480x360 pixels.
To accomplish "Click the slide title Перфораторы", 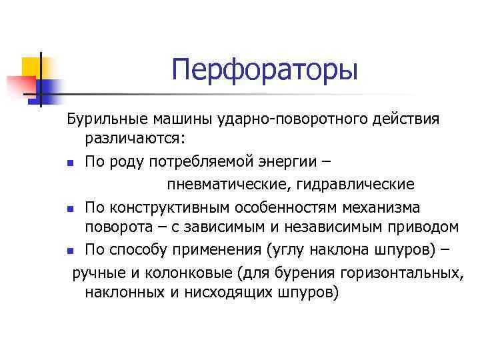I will [265, 70].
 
